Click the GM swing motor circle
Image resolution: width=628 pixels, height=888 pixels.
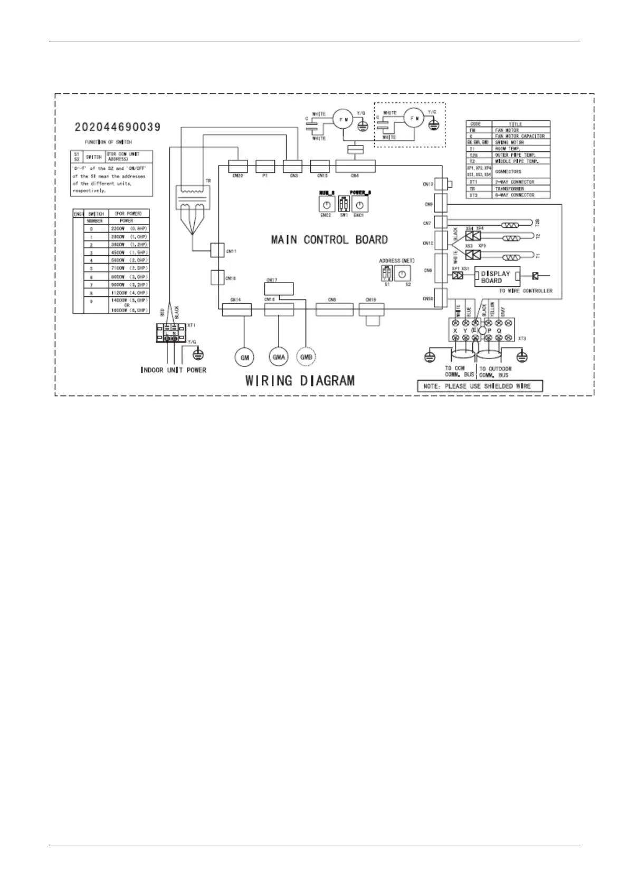point(244,358)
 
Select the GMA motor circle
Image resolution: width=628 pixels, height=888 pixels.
point(279,358)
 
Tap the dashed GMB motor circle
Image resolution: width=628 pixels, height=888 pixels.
point(306,358)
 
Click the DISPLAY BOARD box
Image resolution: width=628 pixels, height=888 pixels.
point(495,277)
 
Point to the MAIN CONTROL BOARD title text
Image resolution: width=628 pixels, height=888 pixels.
point(329,240)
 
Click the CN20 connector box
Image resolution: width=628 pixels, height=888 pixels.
point(237,166)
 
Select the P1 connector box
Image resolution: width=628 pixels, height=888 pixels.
point(265,166)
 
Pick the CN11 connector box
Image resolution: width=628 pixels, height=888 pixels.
point(217,250)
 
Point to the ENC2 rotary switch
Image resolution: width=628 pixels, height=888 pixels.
point(326,204)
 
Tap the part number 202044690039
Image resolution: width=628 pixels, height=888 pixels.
point(118,127)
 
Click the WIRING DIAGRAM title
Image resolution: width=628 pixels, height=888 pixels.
point(300,380)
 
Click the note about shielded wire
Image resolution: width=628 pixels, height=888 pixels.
point(480,386)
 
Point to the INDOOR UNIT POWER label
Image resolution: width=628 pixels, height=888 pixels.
point(173,370)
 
